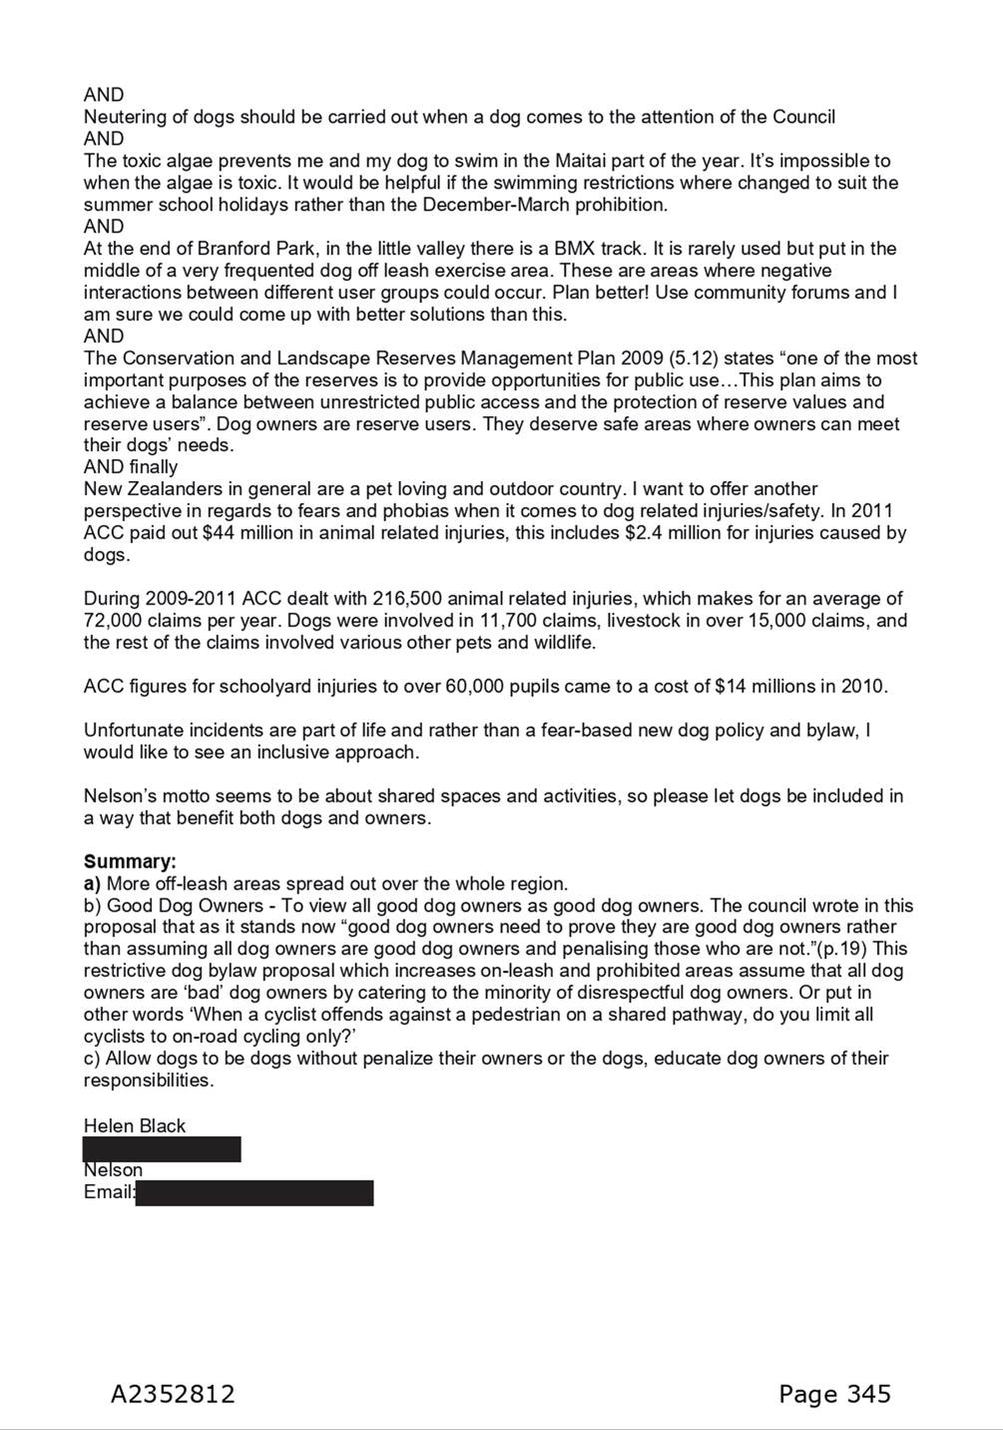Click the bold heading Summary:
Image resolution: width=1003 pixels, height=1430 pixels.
pos(130,862)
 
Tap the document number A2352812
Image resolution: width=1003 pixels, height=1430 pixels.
pos(173,1394)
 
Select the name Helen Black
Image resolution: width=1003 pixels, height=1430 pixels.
pos(135,1125)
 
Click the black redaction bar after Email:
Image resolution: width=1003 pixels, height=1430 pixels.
pos(254,1192)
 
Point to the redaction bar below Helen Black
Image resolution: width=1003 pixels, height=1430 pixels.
pos(162,1148)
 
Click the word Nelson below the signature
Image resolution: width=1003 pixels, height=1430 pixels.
pos(113,1170)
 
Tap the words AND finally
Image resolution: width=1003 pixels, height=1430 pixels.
pos(131,467)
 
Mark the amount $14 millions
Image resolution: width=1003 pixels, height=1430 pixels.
pos(773,687)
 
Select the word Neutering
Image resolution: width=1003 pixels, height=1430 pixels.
pos(124,117)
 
